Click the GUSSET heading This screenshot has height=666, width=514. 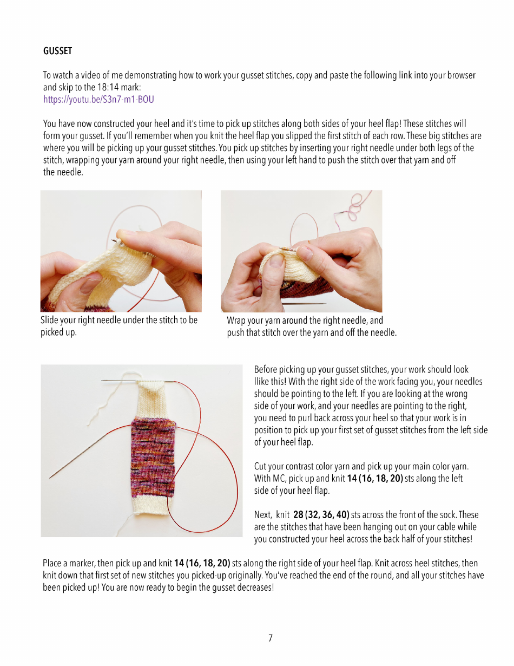pos(57,51)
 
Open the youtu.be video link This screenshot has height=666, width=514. pos(98,100)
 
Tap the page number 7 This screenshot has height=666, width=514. pos(270,638)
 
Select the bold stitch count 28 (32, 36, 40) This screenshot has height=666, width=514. pos(321,514)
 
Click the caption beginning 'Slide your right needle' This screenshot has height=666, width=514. pos(119,326)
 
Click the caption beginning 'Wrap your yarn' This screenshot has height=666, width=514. pos(311,327)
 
